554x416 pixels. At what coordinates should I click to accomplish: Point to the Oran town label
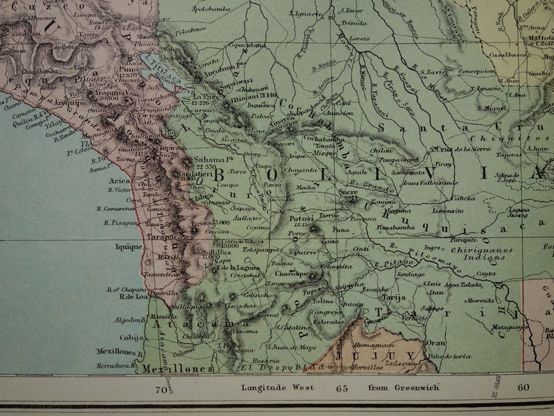tap(435, 343)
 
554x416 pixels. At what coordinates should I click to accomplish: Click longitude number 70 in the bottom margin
tap(161, 388)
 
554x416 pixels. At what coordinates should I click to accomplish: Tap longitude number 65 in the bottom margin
tap(342, 388)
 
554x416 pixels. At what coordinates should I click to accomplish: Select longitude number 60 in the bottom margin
tap(523, 388)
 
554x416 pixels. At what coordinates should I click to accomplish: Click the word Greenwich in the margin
tap(412, 387)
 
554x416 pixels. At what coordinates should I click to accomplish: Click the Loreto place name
tap(359, 38)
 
